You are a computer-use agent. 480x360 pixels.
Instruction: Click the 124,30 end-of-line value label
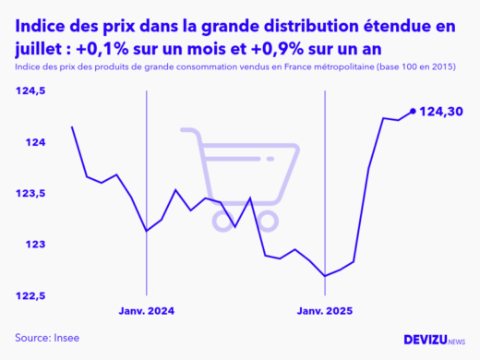pos(440,112)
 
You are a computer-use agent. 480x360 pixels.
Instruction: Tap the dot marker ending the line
pos(412,112)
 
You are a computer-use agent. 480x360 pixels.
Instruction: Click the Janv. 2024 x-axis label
pos(146,311)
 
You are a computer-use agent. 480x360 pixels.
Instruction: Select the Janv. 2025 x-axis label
pos(324,311)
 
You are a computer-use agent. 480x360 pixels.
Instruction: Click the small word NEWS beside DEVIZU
pos(456,342)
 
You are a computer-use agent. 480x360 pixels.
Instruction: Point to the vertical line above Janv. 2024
pos(147,185)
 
